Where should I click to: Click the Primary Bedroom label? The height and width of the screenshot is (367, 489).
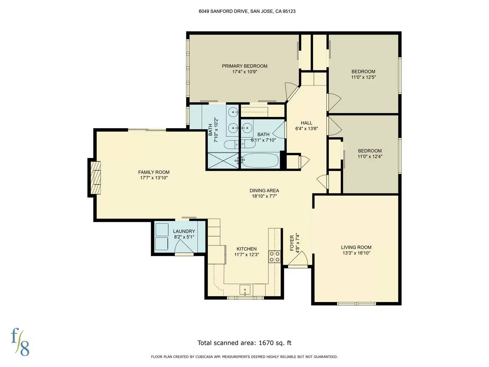tap(244, 66)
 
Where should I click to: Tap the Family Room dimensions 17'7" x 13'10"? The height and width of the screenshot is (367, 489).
tap(154, 178)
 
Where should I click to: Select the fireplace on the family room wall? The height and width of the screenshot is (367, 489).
tap(95, 177)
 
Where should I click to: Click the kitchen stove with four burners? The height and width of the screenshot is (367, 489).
tap(274, 257)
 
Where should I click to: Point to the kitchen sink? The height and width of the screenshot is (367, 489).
tap(245, 290)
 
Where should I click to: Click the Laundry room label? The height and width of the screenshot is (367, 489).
tap(184, 231)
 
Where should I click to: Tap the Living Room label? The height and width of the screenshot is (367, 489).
tap(356, 247)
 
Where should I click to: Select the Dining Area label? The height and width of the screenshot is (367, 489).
tap(264, 191)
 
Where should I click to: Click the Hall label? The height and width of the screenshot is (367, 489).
tap(306, 123)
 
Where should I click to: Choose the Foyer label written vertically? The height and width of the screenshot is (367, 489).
tap(292, 243)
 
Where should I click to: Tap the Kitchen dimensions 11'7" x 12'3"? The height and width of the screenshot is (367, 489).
tap(247, 255)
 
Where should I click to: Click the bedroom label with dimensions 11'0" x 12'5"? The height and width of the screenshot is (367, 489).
tap(363, 71)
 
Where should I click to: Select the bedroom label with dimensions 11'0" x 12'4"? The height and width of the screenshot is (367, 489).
tap(370, 151)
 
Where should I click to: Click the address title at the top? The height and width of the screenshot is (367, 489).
tap(247, 11)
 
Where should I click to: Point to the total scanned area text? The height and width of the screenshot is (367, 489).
tap(244, 343)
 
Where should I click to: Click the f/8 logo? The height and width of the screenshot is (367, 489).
tap(20, 342)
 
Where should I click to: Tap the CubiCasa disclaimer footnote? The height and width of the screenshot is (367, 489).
tap(244, 357)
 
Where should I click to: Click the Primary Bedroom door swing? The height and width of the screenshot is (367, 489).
tap(291, 91)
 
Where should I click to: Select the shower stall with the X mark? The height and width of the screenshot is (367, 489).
tap(223, 161)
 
